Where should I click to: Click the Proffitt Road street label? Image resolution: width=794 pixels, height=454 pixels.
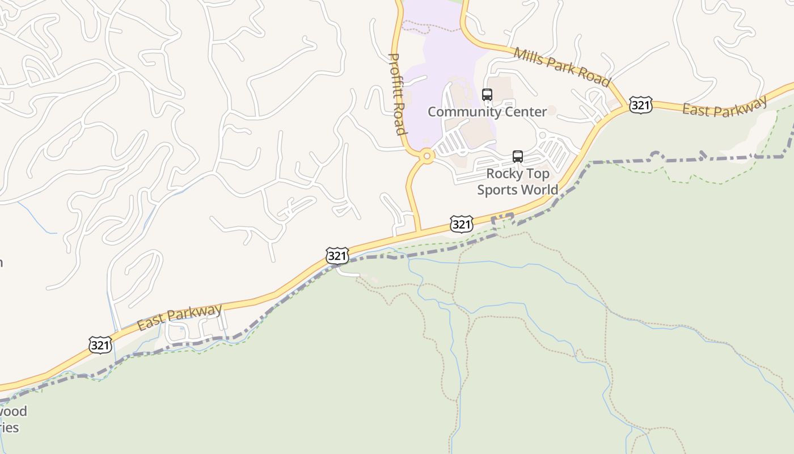[397, 94]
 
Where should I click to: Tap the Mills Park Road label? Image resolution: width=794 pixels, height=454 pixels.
[562, 68]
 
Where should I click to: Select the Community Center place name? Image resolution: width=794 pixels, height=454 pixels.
[487, 112]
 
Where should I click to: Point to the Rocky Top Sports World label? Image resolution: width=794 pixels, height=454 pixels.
[517, 182]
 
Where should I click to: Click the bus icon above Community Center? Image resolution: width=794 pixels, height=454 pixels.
[487, 95]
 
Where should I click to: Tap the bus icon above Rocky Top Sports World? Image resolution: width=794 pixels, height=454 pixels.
[517, 157]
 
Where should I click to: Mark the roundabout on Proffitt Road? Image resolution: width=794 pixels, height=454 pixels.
[426, 155]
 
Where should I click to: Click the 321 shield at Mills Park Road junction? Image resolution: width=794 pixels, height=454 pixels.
[640, 105]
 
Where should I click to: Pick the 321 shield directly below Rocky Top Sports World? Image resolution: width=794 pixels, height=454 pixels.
[462, 224]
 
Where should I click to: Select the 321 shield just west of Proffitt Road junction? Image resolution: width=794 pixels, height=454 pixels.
[337, 256]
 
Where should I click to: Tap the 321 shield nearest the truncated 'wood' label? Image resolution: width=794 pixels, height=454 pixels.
[100, 344]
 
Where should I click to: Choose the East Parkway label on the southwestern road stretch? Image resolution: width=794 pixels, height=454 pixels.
[179, 317]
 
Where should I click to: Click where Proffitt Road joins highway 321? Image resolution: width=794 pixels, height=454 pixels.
[420, 231]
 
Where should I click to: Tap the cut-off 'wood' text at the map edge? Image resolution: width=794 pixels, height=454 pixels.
[14, 411]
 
